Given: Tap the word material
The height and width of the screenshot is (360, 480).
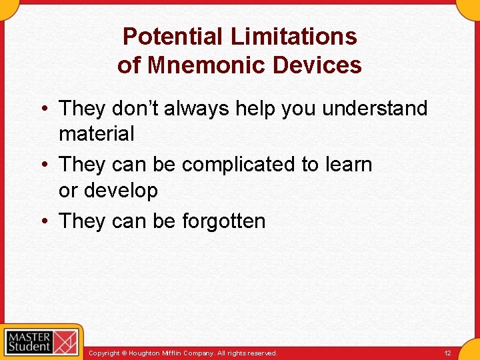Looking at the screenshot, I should click(x=96, y=134).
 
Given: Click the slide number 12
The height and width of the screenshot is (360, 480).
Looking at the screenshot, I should click(x=447, y=353).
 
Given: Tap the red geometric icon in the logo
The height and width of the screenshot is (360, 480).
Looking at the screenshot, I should click(x=65, y=342).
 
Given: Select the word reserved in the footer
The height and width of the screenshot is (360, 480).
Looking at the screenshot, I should click(x=262, y=353).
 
